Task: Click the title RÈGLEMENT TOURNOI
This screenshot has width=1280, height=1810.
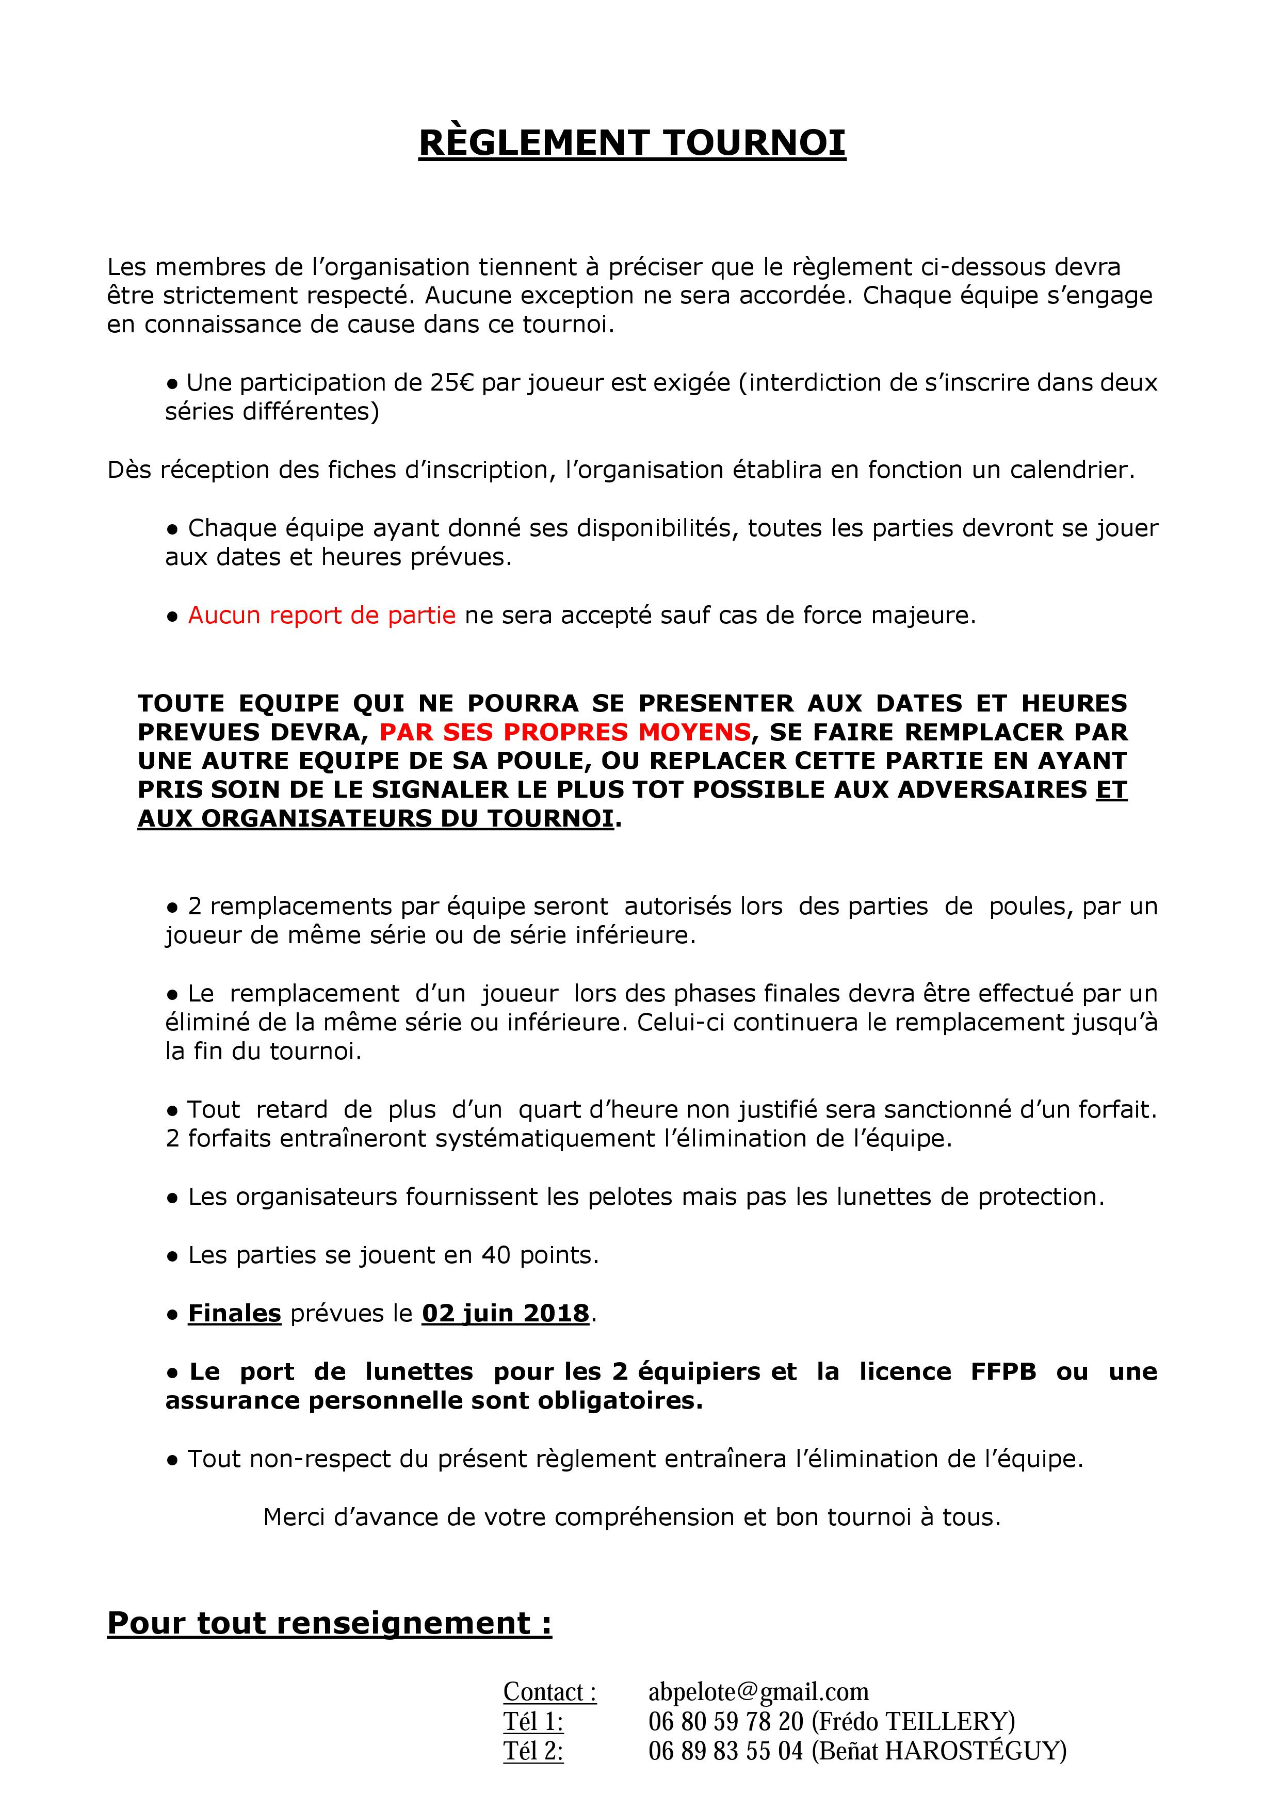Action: coord(632,143)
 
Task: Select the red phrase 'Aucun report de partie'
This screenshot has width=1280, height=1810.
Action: coord(321,616)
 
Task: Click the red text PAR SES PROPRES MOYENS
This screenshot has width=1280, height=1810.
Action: coord(564,732)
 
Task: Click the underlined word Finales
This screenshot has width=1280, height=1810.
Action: coord(234,1313)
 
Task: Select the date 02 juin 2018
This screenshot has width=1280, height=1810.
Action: coord(505,1313)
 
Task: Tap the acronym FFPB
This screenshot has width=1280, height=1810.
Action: coord(1003,1372)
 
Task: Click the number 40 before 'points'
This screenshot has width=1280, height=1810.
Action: coord(496,1255)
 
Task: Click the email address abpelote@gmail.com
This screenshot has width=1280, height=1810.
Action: coord(758,1692)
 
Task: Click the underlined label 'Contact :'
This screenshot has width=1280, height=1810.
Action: coord(549,1692)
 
